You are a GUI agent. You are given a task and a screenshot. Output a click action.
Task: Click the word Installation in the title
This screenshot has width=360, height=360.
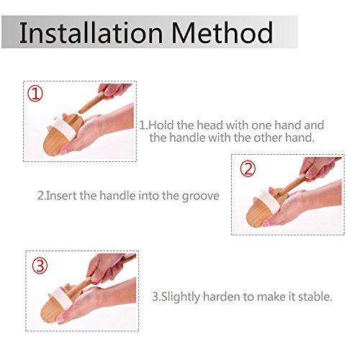[91, 32]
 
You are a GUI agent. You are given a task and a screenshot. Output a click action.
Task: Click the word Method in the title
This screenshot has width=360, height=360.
[222, 32]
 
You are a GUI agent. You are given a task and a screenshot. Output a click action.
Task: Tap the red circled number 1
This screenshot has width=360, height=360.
[35, 94]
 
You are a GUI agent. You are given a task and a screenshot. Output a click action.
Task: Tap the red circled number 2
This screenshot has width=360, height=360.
[248, 169]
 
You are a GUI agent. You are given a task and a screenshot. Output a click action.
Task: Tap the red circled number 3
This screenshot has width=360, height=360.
[40, 266]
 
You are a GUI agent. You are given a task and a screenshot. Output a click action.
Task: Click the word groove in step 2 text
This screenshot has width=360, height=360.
[200, 197]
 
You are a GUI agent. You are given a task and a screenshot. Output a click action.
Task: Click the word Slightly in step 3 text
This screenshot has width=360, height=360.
[181, 297]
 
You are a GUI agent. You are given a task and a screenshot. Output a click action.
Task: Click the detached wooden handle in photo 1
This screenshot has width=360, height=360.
[91, 102]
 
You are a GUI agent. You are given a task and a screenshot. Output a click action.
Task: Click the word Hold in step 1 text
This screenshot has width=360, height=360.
[161, 125]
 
